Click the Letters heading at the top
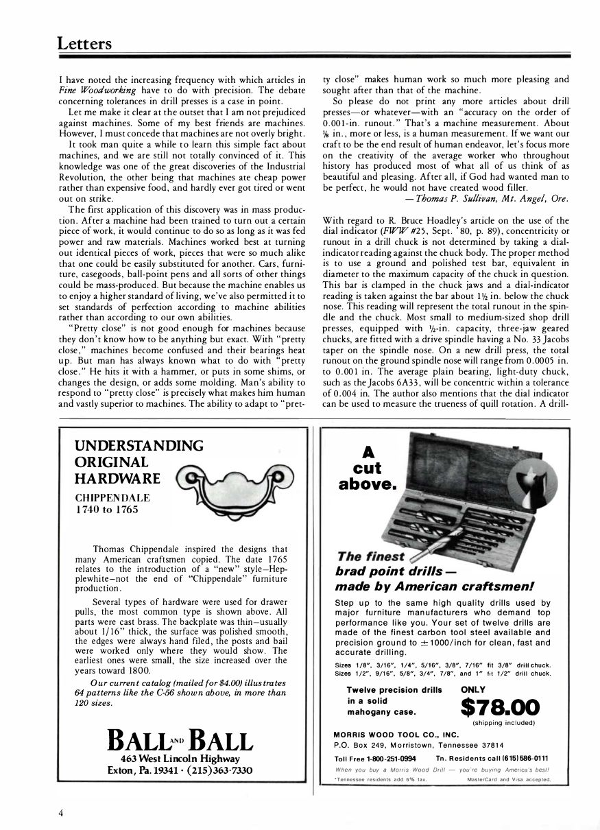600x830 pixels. click(84, 44)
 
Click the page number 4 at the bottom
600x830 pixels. click(61, 813)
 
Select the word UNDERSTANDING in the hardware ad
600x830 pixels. click(139, 446)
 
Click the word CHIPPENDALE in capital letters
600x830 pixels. click(112, 497)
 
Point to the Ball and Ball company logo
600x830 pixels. click(181, 740)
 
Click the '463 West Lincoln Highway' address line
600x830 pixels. click(180, 759)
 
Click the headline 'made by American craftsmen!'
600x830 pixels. click(435, 586)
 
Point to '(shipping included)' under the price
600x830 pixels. click(503, 723)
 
